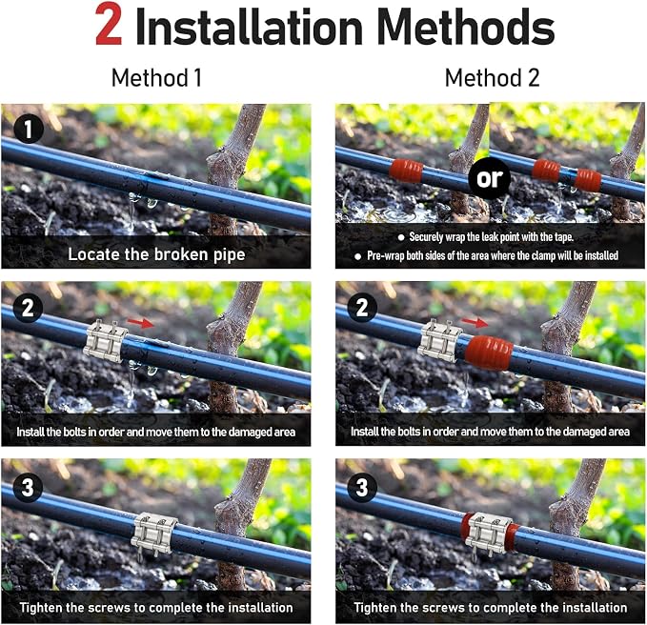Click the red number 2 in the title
click(109, 25)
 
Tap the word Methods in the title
click(466, 26)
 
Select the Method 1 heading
click(157, 77)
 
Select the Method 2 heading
click(493, 77)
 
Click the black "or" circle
click(490, 178)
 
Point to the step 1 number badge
click(29, 130)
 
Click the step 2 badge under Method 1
click(28, 308)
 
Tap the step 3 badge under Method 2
click(362, 487)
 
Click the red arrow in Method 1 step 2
click(140, 323)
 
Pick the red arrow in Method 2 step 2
click(475, 322)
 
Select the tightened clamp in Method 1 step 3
click(153, 535)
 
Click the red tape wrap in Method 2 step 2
click(489, 353)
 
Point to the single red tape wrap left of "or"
click(407, 171)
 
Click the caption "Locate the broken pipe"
click(156, 254)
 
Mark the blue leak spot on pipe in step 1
click(156, 178)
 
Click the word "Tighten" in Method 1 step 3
click(40, 608)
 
